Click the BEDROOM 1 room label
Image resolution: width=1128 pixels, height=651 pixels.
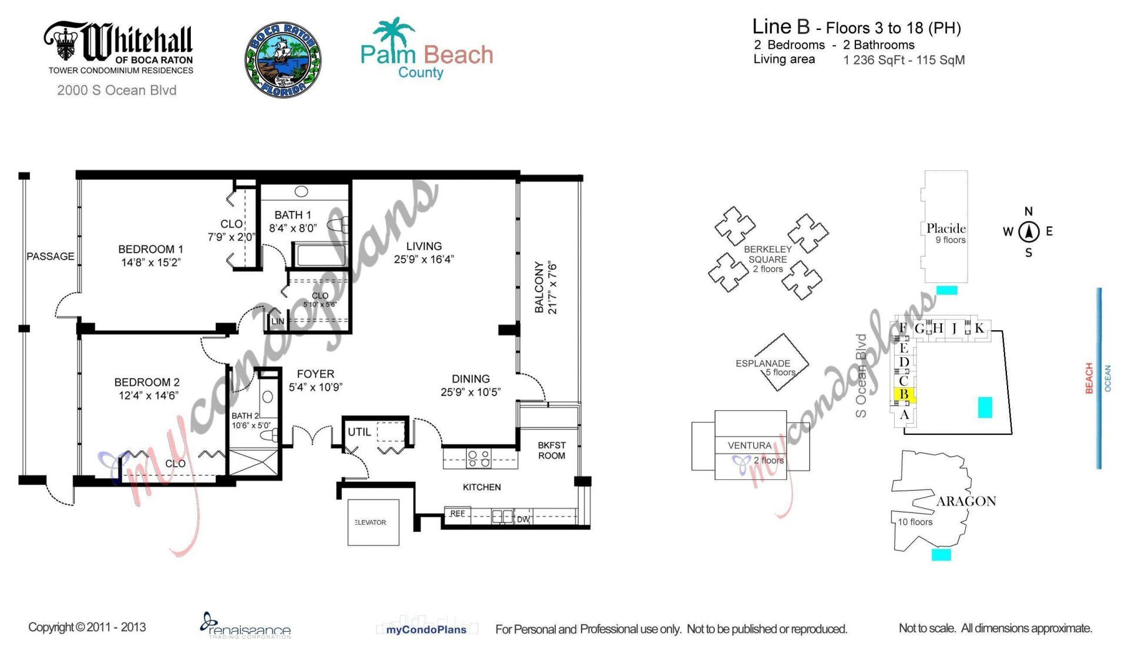click(150, 249)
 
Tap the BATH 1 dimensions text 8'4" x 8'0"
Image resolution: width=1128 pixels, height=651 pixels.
click(293, 228)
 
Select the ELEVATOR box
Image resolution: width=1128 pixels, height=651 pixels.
click(373, 522)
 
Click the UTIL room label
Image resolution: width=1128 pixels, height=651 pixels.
click(359, 432)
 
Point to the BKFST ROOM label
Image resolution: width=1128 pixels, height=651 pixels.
click(551, 451)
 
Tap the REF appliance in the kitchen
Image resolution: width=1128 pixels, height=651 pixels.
click(457, 514)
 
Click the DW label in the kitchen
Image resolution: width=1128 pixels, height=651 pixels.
click(523, 519)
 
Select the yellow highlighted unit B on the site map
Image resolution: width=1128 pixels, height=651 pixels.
click(904, 394)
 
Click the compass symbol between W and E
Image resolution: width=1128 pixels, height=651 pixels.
click(1028, 232)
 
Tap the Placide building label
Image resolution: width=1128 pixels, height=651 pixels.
click(945, 229)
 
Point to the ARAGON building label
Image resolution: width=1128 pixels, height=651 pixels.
click(966, 501)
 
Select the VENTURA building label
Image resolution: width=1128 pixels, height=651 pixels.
click(749, 445)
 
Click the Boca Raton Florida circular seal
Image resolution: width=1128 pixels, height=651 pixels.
click(283, 61)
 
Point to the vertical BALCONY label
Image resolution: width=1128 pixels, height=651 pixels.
click(539, 287)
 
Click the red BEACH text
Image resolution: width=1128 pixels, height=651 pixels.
click(1089, 378)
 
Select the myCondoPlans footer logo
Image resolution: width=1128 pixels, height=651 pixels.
click(426, 629)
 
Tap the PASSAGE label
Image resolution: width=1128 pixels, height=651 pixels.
click(50, 256)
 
